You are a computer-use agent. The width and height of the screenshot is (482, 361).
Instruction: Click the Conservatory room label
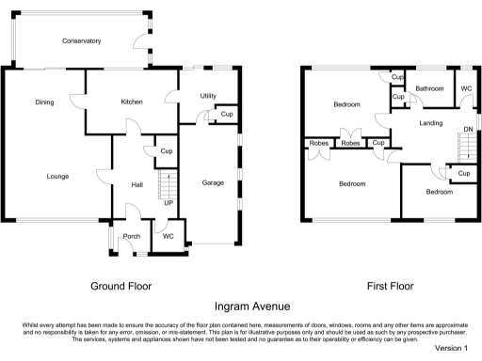[x=82, y=41]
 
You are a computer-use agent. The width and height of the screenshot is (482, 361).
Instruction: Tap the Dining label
[x=44, y=102]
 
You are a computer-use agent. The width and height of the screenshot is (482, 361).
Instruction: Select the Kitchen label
[x=132, y=102]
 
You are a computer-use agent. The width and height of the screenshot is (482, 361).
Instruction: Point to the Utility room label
[x=208, y=96]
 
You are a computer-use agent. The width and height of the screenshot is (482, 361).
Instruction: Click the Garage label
[x=213, y=182]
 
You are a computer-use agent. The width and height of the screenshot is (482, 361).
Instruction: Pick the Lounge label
[x=57, y=177]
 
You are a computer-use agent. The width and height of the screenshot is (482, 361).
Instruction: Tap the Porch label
[x=132, y=236]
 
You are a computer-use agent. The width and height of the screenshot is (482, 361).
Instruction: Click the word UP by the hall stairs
[x=169, y=203]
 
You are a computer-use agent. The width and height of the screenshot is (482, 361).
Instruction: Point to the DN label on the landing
[x=468, y=129]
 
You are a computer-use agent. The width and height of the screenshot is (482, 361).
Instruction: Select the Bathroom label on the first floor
[x=429, y=88]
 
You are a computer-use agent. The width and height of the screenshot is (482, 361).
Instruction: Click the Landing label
[x=431, y=123]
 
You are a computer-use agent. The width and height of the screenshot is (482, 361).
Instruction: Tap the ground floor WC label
[x=169, y=236]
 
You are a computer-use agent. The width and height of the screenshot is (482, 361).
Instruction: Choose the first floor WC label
[x=466, y=88]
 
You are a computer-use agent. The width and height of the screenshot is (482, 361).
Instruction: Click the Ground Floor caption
[x=121, y=286]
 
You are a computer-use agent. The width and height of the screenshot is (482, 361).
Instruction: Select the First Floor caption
[x=391, y=286]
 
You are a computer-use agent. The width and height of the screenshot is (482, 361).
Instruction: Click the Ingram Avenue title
[x=252, y=306]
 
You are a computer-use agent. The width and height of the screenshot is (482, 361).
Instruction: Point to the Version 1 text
[x=451, y=348]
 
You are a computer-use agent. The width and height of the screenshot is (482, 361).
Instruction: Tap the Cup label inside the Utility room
[x=227, y=114]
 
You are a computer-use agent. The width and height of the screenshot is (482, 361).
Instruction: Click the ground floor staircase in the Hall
[x=168, y=184]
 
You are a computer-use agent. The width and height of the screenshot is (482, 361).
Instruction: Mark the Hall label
[x=137, y=185]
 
